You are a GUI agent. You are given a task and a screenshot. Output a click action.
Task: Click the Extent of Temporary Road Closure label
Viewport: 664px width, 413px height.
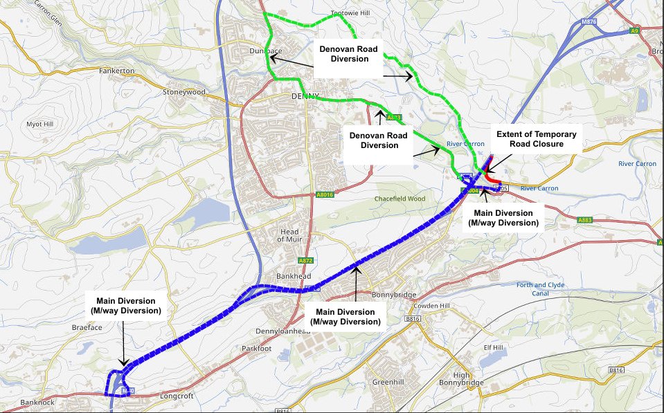tap(536, 138)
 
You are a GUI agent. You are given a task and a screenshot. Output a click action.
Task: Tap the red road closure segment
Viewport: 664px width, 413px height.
tap(494, 182)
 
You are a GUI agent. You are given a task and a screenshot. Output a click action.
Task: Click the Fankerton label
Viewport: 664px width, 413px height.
tap(116, 71)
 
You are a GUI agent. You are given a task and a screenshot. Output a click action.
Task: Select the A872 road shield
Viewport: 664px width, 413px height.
tap(306, 260)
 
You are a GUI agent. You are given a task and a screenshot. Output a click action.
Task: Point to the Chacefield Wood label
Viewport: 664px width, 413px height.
tap(399, 199)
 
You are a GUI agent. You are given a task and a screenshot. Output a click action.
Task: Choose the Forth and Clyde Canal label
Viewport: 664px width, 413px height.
tap(541, 289)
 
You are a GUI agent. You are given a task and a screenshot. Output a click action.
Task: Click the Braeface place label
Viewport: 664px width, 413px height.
tap(87, 327)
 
